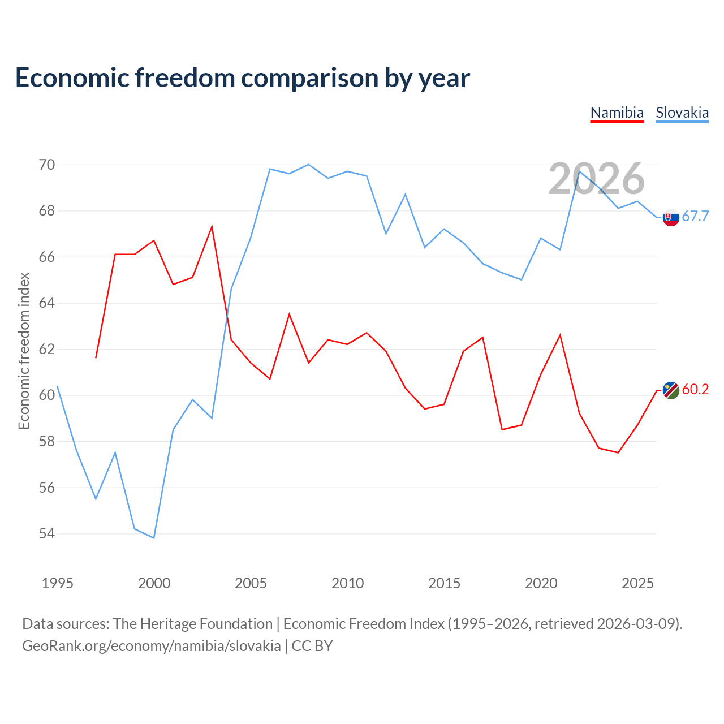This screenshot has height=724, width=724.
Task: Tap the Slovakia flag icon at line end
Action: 671,217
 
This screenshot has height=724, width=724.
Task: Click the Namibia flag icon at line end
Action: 671,390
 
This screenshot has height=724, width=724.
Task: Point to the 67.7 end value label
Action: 695,216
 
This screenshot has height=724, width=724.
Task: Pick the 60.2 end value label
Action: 695,389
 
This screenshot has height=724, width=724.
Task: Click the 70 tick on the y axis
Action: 46,165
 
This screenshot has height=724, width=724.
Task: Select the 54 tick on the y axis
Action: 46,533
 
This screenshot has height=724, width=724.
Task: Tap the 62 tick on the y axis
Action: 46,349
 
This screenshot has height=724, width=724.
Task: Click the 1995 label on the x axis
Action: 58,583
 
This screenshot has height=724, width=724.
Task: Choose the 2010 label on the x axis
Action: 347,583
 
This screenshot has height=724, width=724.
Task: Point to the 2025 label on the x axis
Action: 637,583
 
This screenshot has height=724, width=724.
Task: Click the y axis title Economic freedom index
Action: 24,351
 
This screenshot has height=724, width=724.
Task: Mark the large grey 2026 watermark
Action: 597,179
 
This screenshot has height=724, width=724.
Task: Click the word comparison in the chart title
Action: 309,78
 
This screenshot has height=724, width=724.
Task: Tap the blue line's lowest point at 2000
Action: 154,538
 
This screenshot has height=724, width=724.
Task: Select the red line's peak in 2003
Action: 212,227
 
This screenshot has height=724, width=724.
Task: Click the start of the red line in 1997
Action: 96,357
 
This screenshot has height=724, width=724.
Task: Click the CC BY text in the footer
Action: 312,646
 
